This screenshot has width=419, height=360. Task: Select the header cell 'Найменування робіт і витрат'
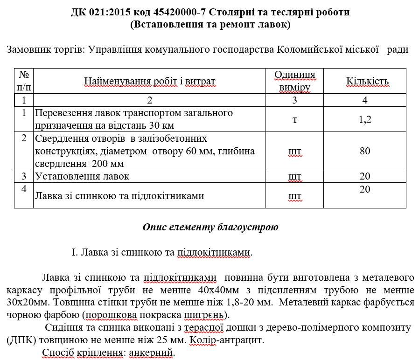point(150,82)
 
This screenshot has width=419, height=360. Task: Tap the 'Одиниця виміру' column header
point(294,81)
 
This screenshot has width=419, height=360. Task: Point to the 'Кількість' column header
point(367,82)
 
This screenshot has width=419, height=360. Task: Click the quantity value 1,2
point(365,119)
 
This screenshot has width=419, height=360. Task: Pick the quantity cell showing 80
point(365,151)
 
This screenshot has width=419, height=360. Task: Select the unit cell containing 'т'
point(294,119)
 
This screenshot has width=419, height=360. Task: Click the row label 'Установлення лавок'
point(82,176)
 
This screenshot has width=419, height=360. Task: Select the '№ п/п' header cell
point(24,81)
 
